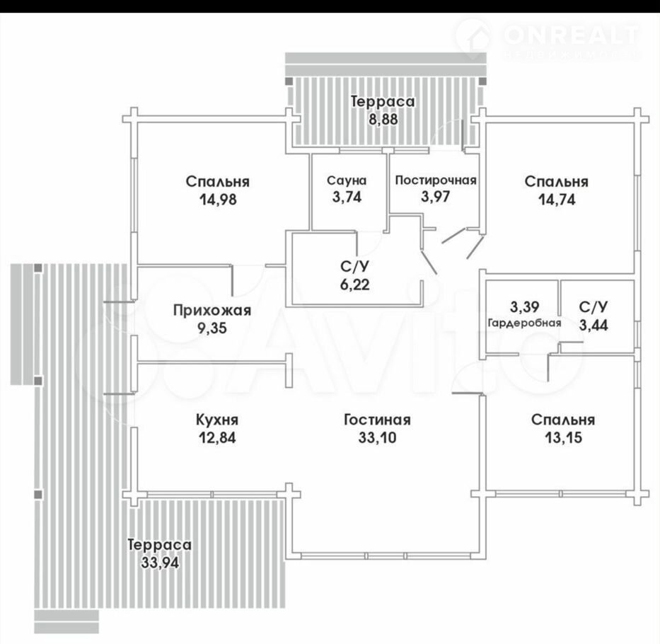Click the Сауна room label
coord(347,180)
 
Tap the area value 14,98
coord(218,200)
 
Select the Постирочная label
coord(436,180)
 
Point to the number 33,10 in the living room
coord(377,437)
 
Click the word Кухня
coord(217,420)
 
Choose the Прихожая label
coord(212,311)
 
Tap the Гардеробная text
coord(524,323)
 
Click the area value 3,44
coord(594,325)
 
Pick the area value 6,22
coord(355,284)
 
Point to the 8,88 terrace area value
coord(383,119)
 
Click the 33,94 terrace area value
coord(160,563)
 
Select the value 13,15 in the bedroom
coord(563,437)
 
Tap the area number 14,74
coord(557,200)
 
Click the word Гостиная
coord(377,420)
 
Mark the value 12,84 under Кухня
coord(217,437)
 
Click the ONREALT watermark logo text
coord(571,35)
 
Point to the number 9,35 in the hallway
coord(212,328)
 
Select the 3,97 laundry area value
coord(436,197)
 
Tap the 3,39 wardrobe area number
coord(524,307)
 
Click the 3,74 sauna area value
coord(347,197)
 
